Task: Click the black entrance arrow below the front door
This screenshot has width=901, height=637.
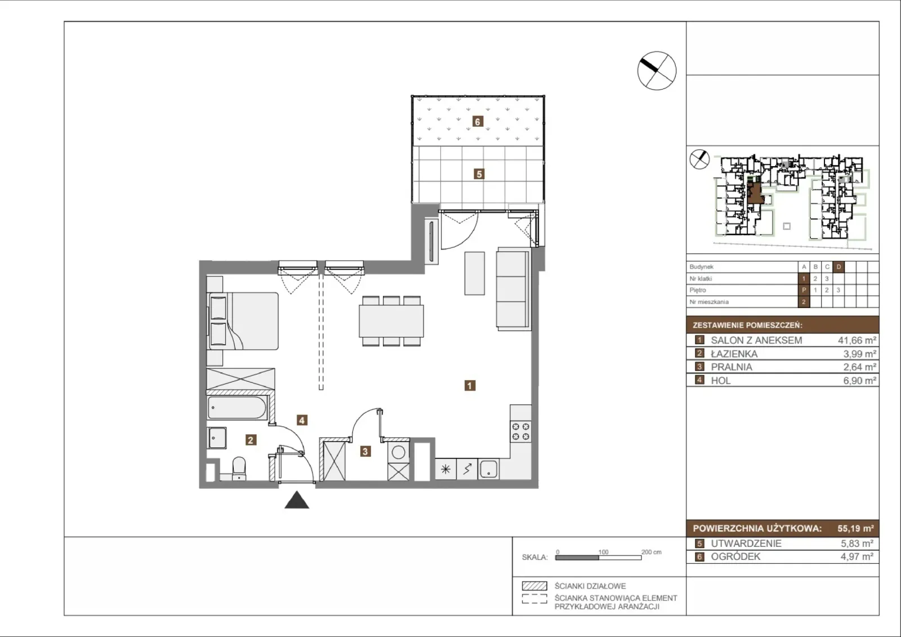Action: coord(297,500)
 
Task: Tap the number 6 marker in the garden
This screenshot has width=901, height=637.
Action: coord(478,122)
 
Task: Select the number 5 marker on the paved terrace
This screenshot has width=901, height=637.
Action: coord(479,174)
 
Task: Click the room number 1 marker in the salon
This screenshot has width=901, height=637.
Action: coord(470,385)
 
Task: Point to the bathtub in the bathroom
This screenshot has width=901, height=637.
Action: coord(237,408)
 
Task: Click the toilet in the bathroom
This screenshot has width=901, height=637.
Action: coord(239,469)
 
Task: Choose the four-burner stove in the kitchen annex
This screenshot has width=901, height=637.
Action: coord(520,431)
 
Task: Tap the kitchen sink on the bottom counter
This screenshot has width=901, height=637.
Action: coord(488,469)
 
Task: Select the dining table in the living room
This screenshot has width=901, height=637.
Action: coord(391,321)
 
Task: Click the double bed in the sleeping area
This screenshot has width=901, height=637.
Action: coord(243,321)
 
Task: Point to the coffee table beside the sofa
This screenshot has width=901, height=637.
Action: coord(475,273)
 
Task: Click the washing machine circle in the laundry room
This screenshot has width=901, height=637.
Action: coord(398,452)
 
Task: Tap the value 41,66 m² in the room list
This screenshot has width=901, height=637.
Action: coord(857,340)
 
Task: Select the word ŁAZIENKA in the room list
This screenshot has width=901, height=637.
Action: coord(734,354)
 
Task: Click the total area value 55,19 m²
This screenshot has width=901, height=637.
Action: coord(855,528)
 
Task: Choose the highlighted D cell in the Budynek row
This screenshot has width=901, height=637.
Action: coord(838,267)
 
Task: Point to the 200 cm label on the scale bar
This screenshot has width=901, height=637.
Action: coord(651,552)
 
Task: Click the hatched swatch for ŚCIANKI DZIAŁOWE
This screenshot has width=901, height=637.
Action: coord(534,586)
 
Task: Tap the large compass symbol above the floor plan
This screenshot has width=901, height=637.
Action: coord(657,71)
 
